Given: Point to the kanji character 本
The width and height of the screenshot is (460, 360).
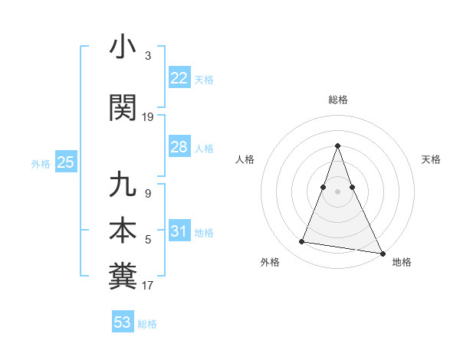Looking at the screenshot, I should (123, 231).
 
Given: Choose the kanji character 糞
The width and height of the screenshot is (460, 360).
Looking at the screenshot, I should (123, 277).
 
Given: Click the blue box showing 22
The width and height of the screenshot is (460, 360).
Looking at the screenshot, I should (179, 78).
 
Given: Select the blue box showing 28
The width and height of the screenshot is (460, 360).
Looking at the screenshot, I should (179, 147).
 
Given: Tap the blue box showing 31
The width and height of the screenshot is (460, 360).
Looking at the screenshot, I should (179, 231).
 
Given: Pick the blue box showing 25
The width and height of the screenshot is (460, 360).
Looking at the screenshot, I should (65, 162).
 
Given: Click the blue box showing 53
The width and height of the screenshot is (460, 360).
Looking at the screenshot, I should (123, 322).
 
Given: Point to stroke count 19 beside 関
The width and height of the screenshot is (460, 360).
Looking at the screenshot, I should (148, 117).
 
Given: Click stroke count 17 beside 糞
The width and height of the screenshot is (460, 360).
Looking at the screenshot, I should (148, 286).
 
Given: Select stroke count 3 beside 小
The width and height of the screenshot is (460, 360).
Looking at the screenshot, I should (148, 56).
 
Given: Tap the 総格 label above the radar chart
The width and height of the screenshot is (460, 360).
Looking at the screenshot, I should (337, 100).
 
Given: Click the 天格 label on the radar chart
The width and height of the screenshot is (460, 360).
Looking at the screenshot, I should (431, 159).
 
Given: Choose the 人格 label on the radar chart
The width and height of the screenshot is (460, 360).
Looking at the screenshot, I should (245, 159).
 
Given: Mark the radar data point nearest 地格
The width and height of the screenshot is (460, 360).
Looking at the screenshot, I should (381, 252).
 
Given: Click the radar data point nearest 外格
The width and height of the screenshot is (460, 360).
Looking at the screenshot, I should (302, 242).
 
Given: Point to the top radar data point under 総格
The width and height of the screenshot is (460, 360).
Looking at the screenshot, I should (337, 146).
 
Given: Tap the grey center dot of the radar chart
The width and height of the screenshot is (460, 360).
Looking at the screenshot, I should (337, 191).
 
